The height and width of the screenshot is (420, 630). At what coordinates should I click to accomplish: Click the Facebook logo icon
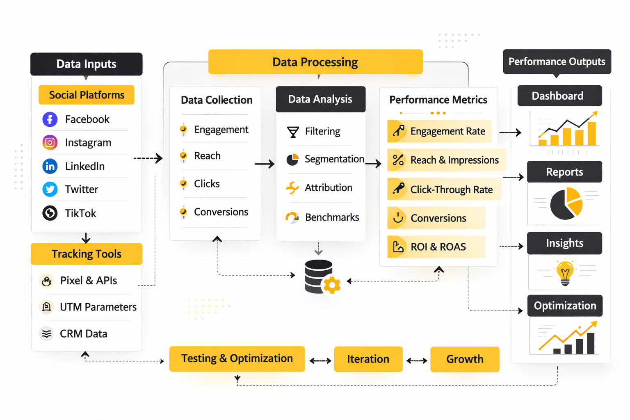pos(50,119)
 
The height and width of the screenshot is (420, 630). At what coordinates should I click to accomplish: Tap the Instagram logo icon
pos(50,142)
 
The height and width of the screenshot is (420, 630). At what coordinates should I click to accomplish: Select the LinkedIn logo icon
pos(50,166)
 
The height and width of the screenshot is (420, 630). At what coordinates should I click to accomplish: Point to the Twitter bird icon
pos(50,189)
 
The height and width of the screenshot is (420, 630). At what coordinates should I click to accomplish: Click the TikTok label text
pos(80,213)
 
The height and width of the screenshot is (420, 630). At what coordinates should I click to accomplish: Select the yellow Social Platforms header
pos(87,95)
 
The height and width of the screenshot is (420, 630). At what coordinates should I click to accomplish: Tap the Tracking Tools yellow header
pos(87,254)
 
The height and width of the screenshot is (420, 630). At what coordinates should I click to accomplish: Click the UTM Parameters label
pos(98,307)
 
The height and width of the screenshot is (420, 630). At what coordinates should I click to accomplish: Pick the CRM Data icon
pos(47,333)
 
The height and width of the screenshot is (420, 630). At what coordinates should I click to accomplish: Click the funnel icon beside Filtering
pos(293,132)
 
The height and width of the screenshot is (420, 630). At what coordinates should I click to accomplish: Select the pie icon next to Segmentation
pos(292,160)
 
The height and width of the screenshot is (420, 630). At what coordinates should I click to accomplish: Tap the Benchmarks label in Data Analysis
pos(332,217)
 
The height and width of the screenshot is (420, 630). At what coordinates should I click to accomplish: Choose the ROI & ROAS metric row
pos(436,247)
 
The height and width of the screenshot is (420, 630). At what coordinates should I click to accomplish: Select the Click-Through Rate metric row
pos(444,189)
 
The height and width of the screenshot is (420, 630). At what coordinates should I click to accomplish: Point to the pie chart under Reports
pos(566,203)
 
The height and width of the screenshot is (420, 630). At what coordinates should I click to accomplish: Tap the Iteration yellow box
pos(368,359)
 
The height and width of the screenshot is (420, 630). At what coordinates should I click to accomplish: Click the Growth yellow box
pos(465,359)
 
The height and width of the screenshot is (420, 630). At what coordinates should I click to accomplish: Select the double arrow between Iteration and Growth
pos(417,361)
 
